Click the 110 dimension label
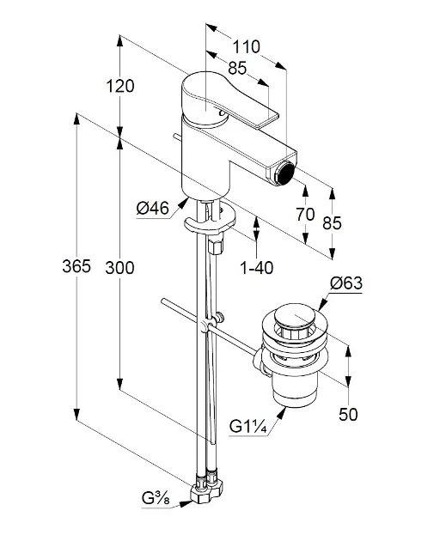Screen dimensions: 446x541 [x=246, y=47]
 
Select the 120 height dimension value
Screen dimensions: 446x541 [x=119, y=86]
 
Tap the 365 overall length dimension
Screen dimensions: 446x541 [x=76, y=266]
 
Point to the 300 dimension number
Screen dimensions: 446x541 [x=119, y=268]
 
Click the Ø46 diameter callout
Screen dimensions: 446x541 [x=153, y=208]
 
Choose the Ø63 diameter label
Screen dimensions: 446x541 [x=346, y=283]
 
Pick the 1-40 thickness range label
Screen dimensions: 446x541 [x=256, y=268]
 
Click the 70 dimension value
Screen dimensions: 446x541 [x=305, y=215]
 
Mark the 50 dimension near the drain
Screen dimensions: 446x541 [x=348, y=414]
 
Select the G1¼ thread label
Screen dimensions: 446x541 [x=248, y=427]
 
